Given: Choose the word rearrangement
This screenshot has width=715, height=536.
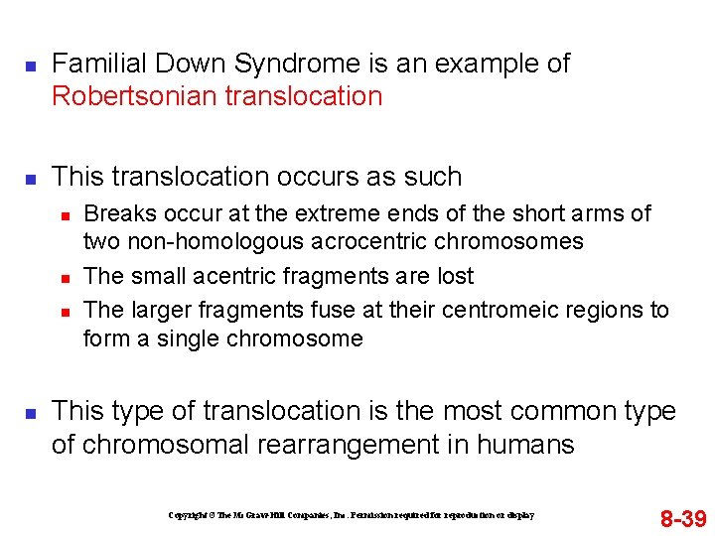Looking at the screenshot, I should click(x=345, y=444).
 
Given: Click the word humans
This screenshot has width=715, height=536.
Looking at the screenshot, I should click(x=526, y=444).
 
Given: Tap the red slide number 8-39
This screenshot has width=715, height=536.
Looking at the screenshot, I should click(x=683, y=518).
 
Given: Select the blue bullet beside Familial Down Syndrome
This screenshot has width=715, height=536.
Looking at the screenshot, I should click(x=30, y=66).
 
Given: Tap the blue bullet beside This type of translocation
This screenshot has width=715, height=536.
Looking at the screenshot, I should click(x=30, y=412).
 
